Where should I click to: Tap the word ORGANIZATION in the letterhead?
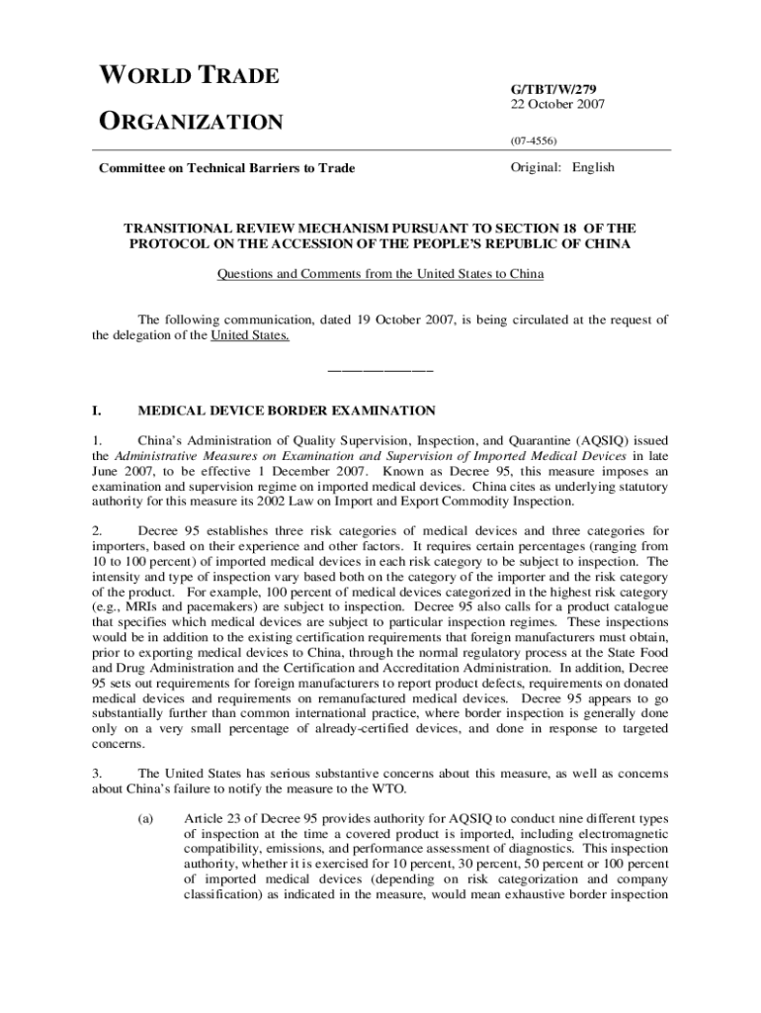point(191,122)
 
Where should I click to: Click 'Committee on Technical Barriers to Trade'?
point(227,168)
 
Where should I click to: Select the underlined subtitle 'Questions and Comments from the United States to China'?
point(380,274)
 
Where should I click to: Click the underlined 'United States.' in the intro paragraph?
point(250,336)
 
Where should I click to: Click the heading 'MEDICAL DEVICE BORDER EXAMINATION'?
point(287,409)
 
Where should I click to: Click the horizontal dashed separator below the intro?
point(380,371)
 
